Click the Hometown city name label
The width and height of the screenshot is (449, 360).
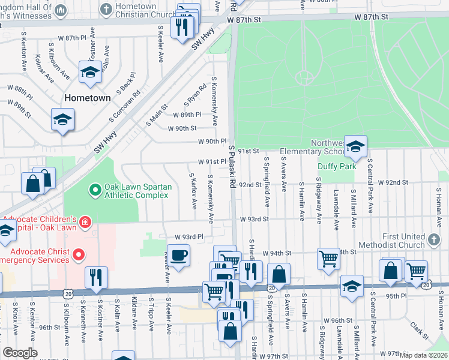[88, 98]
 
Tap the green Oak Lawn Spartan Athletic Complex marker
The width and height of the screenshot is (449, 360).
[94, 191]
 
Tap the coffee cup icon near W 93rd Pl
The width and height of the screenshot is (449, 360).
[179, 256]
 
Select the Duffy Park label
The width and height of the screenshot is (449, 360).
[337, 166]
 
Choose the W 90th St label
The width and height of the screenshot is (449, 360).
[182, 128]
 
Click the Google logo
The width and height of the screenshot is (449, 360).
[20, 353]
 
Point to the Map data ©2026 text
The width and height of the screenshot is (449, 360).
[423, 355]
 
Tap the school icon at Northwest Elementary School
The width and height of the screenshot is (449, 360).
[355, 147]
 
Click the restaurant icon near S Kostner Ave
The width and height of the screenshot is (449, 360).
[96, 278]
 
